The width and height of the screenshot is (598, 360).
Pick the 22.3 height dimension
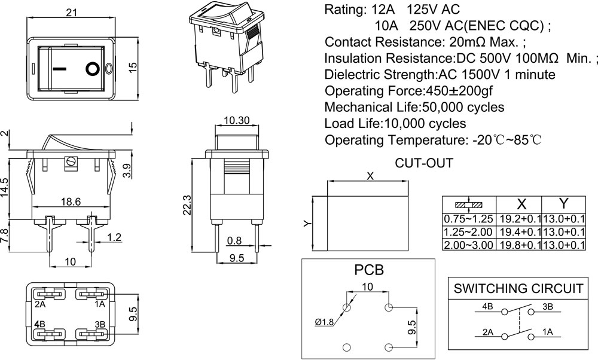(x=187, y=205)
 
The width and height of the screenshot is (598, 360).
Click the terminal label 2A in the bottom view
(x=41, y=304)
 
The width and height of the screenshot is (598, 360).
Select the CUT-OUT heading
(x=424, y=163)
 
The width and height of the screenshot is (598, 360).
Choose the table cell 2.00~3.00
(x=468, y=245)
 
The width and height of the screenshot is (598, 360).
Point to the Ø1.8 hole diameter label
(x=325, y=324)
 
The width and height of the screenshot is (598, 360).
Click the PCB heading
(x=370, y=269)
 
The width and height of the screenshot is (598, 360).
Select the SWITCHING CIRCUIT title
(x=518, y=288)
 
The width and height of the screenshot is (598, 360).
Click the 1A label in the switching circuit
(x=548, y=331)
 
